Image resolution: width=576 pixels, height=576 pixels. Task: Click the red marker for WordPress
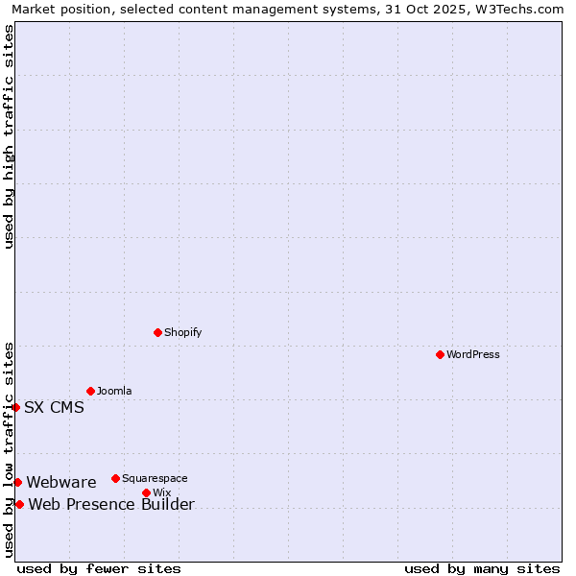point(440,354)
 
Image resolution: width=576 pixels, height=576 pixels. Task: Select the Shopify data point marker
point(157,332)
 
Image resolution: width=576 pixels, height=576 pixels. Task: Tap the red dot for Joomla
point(90,391)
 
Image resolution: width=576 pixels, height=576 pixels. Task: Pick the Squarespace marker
point(115,478)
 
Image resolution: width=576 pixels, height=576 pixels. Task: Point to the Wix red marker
point(146,492)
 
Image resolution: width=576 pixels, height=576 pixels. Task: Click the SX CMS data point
point(15,407)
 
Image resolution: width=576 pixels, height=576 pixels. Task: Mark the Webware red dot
point(17,482)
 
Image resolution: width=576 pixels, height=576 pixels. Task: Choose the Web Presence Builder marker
point(19,504)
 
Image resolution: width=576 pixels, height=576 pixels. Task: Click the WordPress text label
point(473,354)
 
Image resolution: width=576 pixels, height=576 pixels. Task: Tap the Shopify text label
point(182,332)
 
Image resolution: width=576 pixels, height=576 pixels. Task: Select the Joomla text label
point(114,391)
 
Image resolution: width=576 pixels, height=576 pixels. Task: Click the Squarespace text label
point(155,478)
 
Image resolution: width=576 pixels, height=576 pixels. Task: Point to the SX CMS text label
point(54,407)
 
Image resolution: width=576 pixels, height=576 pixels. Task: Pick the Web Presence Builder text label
point(111,505)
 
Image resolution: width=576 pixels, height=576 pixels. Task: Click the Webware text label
point(61,482)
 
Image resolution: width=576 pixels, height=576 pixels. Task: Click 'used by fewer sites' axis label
point(99,568)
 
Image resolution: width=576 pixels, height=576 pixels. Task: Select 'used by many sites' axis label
point(482,568)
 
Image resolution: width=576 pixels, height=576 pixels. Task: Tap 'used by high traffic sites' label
point(9,136)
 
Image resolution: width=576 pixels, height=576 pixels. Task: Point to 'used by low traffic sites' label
point(9,449)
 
